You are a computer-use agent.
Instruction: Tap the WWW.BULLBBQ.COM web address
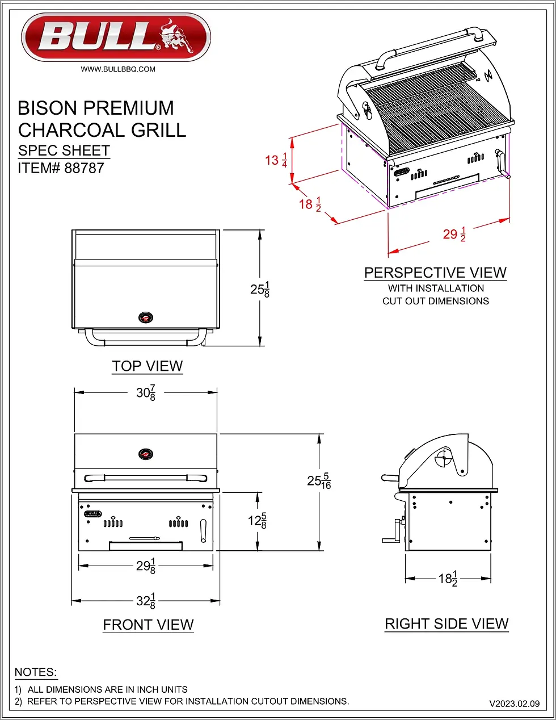point(118,69)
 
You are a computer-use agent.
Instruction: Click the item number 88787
point(84,168)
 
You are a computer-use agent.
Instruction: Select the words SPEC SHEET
point(64,150)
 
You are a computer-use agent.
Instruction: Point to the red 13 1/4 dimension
point(276,160)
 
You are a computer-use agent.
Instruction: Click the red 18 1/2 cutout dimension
point(310,204)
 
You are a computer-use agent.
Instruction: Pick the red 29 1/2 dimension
point(454,234)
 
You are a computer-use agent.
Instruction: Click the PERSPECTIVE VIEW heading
point(435,273)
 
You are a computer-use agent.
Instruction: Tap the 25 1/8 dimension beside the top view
point(260,289)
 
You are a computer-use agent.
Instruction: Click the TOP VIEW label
point(148,366)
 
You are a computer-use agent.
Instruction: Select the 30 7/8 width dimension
point(146,392)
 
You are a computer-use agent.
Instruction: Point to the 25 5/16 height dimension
point(319,481)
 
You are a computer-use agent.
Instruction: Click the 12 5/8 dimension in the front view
point(257,521)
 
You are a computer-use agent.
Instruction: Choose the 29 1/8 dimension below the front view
point(146,566)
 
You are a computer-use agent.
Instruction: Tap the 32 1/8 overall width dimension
point(146,601)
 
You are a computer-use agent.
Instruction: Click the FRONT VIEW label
point(148,625)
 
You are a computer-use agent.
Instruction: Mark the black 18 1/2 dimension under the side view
point(448,579)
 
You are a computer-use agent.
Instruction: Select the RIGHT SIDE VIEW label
point(447,624)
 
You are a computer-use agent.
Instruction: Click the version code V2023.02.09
point(514,704)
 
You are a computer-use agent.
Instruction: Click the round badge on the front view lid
point(146,454)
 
